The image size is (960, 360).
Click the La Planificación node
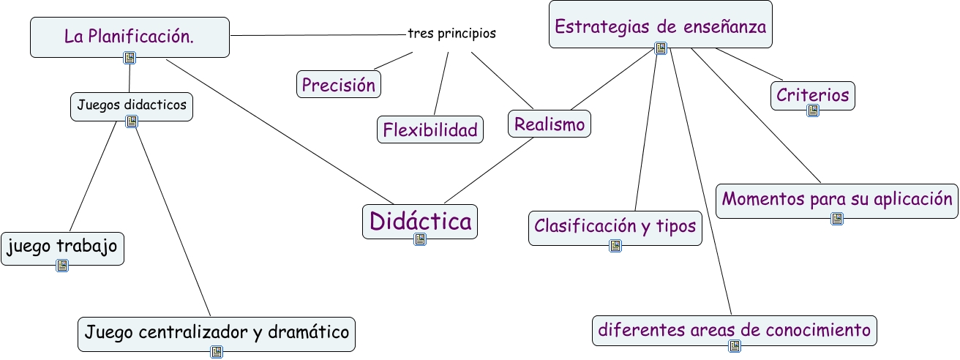tap(130, 37)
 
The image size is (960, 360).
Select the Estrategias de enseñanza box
tap(660, 27)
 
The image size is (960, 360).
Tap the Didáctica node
tap(420, 220)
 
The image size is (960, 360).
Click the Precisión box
tap(339, 84)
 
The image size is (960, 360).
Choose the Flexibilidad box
tap(430, 130)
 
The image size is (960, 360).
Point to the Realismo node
tap(550, 124)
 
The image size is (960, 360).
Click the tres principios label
tap(451, 34)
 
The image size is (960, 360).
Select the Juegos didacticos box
tap(132, 105)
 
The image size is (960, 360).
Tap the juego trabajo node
tap(62, 247)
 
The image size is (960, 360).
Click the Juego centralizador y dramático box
tap(217, 333)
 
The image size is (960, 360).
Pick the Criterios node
tap(813, 94)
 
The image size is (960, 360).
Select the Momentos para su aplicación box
tap(837, 199)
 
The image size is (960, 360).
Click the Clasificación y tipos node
tap(615, 226)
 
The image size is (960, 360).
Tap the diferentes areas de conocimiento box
tap(734, 330)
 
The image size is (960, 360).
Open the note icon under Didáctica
tap(420, 239)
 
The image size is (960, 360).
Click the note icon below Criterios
tap(813, 110)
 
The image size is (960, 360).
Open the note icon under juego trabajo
tap(62, 266)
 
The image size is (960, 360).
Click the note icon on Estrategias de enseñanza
tap(661, 48)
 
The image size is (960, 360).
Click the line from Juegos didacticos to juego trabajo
tap(94, 176)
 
